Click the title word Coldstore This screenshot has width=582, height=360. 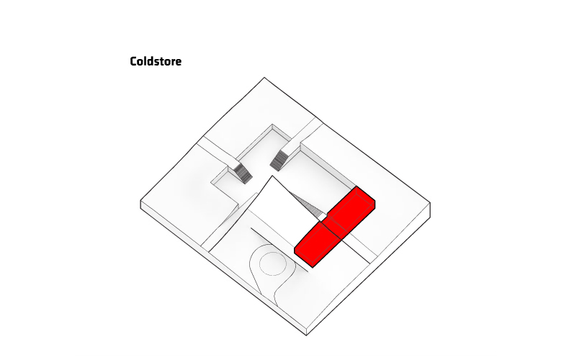(x=156, y=61)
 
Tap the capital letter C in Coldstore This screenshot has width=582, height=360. (x=133, y=62)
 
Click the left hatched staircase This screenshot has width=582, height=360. (x=243, y=174)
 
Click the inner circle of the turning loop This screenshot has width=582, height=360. (x=273, y=264)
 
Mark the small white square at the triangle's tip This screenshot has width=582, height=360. (x=323, y=217)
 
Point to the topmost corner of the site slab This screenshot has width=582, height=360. (x=264, y=78)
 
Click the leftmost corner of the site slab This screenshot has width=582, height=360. (x=140, y=201)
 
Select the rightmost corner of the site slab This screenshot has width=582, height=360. (x=430, y=203)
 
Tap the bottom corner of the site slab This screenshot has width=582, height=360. (x=307, y=336)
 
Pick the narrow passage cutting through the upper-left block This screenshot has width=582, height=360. (x=217, y=151)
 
